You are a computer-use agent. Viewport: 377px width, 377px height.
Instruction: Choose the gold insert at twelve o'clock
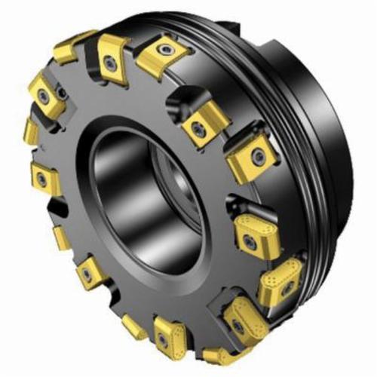[x=160, y=54]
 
